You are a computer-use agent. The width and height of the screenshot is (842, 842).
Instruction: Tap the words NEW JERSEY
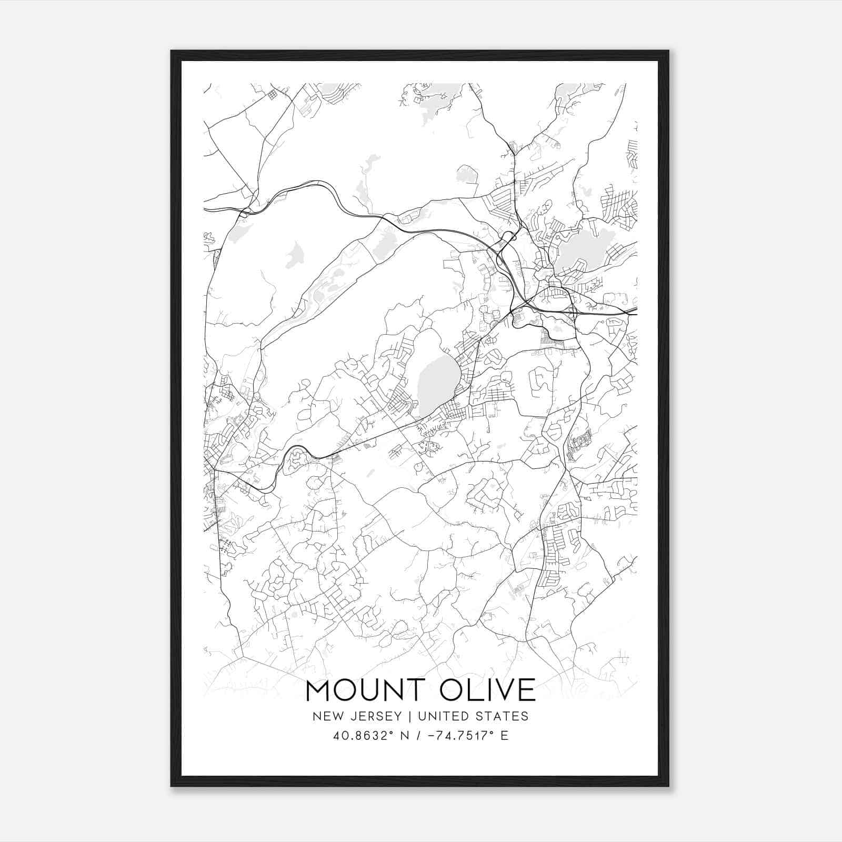pos(353,716)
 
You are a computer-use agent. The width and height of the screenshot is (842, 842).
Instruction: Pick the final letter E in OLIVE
pos(526,690)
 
